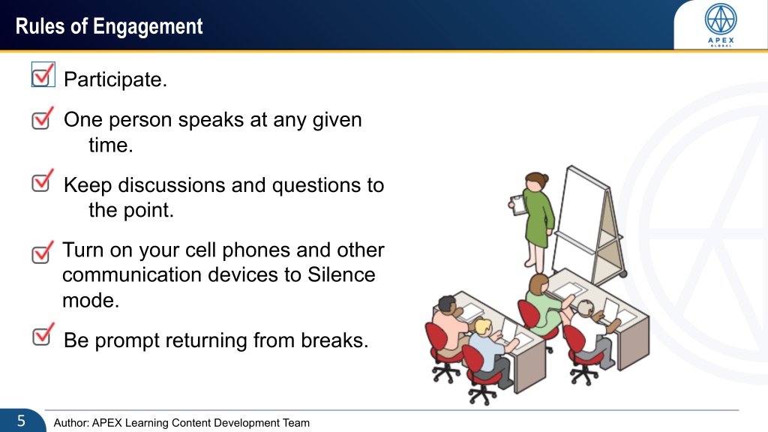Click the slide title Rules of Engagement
click(x=109, y=26)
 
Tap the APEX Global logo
click(x=721, y=25)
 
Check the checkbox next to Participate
click(x=43, y=74)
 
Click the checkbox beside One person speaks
click(x=43, y=118)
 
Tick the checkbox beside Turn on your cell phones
click(x=43, y=252)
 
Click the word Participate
click(x=115, y=79)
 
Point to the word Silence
click(x=341, y=274)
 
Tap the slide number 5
click(x=21, y=421)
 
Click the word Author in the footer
click(x=70, y=423)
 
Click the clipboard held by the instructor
click(x=518, y=205)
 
